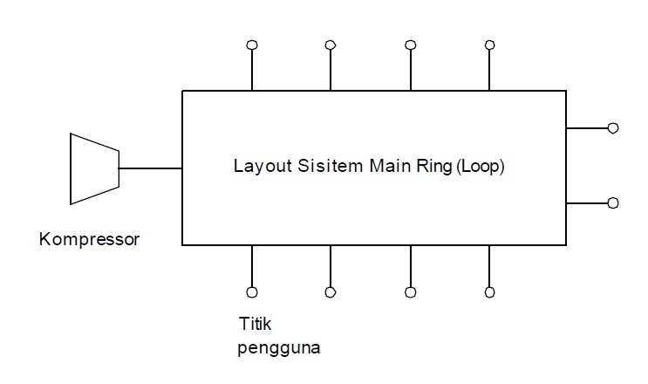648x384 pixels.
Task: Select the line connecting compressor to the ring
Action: [150, 168]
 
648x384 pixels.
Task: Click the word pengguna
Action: [278, 348]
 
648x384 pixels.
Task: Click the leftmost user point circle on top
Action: [252, 45]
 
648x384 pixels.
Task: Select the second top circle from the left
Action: [331, 45]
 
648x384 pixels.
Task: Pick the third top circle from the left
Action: [410, 45]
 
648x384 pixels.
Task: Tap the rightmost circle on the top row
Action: [489, 45]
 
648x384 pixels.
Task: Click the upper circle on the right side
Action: [613, 128]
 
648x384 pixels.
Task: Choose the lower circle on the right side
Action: [613, 202]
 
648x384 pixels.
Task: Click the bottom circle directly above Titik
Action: [252, 292]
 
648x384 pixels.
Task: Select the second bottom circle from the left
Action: [331, 292]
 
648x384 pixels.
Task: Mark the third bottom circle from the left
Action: [410, 292]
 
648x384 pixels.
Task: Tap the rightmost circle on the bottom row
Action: [489, 292]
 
